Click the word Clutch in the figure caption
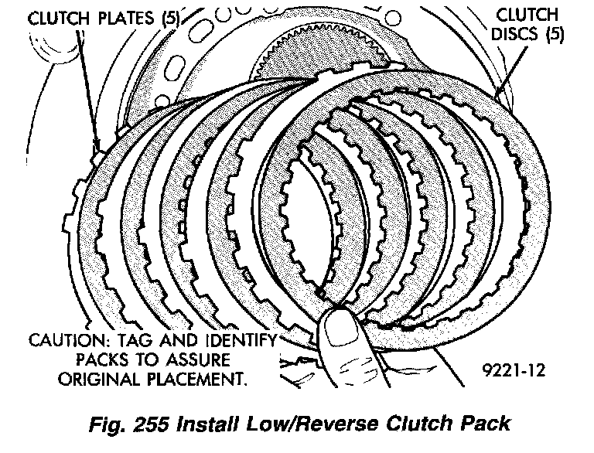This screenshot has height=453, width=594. tap(414, 424)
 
